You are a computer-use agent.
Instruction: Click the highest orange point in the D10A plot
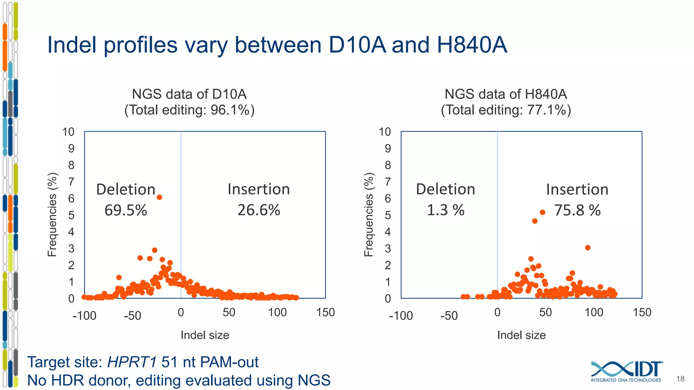pos(159,197)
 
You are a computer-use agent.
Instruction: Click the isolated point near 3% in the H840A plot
pos(588,248)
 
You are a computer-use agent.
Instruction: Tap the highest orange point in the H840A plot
pos(543,212)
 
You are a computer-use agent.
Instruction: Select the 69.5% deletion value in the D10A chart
pos(126,210)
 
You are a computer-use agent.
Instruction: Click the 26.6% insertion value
pos(259,210)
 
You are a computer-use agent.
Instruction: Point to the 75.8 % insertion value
pos(577,210)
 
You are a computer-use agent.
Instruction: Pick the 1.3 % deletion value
pos(445,210)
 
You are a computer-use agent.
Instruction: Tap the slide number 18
pos(680,379)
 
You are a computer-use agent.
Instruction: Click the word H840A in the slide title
pos(472,45)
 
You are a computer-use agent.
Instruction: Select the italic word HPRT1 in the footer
pos(132,362)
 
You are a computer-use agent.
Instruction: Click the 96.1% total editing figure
pos(230,110)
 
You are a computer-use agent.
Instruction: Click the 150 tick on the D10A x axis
pos(325,312)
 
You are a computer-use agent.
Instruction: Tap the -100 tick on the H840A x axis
pos(401,316)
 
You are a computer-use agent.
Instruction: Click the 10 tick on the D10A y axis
pos(68,132)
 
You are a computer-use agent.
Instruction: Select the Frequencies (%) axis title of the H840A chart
pos(369,215)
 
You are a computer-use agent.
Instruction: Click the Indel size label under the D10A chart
pos(205,335)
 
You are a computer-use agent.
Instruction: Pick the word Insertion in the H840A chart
pos(577,189)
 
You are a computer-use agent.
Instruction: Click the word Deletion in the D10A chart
pos(126,189)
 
